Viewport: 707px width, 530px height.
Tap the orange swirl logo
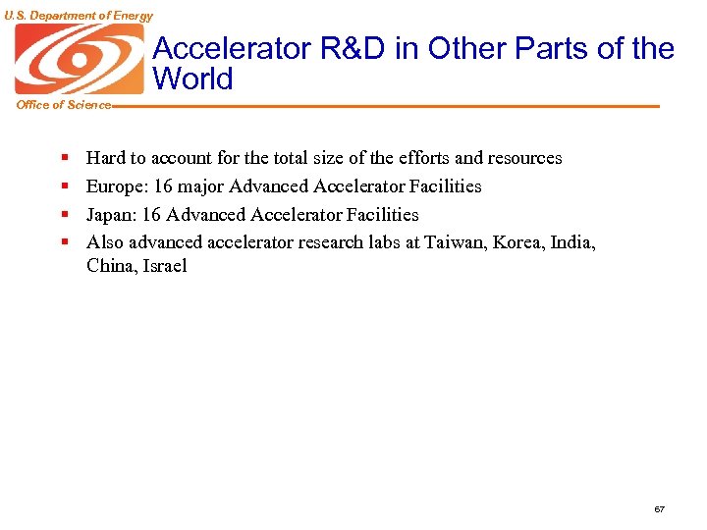pos(79,59)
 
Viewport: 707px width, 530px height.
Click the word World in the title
pos(193,79)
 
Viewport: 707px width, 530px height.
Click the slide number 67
pos(659,509)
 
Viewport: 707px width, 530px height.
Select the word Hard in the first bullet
pos(104,158)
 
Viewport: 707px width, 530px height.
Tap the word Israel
pos(163,266)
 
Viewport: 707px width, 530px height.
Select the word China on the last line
pos(109,266)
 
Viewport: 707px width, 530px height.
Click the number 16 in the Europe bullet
pos(161,186)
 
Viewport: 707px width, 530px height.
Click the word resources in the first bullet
pos(524,158)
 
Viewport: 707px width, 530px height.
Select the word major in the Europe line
pos(200,186)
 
